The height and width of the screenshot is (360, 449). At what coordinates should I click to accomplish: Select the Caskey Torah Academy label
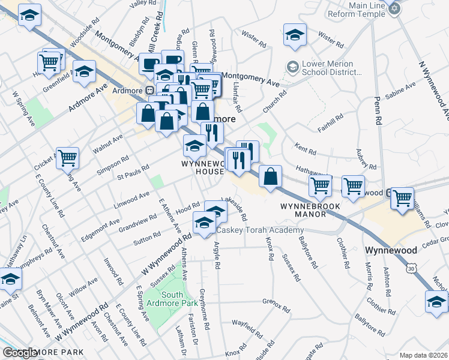pyautogui.click(x=260, y=231)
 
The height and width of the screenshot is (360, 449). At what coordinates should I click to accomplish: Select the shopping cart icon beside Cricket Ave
pyautogui.click(x=67, y=158)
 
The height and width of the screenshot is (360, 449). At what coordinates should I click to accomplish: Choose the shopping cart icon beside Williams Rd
pyautogui.click(x=402, y=197)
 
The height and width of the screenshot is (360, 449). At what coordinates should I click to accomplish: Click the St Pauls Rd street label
pyautogui.click(x=132, y=172)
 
